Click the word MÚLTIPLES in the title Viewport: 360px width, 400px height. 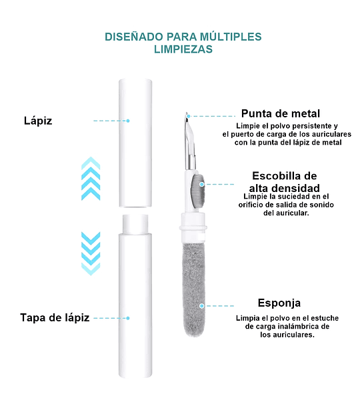point(231,37)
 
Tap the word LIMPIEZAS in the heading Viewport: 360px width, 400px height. point(183,49)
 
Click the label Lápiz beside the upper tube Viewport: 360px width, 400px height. point(38,121)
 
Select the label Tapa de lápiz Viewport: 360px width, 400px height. point(55,318)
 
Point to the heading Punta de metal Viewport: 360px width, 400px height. point(281,114)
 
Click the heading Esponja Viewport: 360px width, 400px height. point(279,303)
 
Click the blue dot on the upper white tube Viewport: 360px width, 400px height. point(128,121)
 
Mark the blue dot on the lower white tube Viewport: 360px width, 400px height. point(128,318)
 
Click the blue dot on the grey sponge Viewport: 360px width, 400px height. point(202,306)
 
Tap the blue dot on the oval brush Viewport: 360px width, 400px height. point(202,184)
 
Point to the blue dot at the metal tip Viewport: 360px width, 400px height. point(189,116)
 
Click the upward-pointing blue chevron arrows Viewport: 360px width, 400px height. point(91,179)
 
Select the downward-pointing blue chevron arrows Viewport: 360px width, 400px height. point(91,253)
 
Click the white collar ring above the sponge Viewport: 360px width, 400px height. point(193,227)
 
